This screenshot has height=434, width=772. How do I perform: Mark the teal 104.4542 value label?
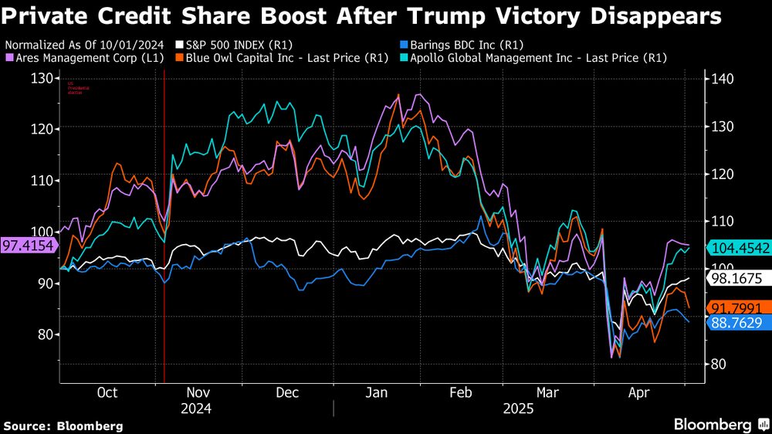739,247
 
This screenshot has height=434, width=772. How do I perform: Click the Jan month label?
377,393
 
